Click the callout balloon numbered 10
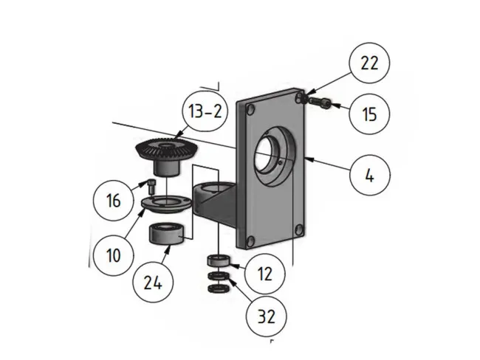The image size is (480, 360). tap(112, 256)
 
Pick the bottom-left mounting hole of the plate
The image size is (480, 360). tap(251, 240)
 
